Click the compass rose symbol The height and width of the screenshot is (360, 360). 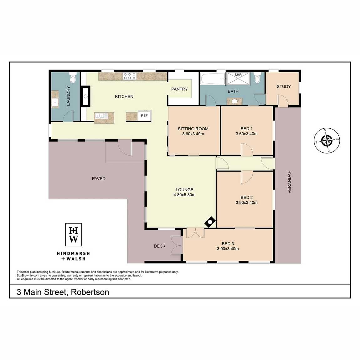(x=327, y=141)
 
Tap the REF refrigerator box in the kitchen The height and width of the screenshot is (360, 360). (x=144, y=116)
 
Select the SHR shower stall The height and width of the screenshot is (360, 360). (x=238, y=79)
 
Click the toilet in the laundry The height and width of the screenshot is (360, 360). (x=73, y=78)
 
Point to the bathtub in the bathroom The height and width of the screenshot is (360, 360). (x=213, y=79)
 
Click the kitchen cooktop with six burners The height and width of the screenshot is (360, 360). (x=130, y=76)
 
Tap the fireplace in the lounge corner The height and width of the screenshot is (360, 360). (x=210, y=222)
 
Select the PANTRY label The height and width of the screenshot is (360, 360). (x=180, y=89)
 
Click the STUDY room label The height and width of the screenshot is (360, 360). (x=284, y=86)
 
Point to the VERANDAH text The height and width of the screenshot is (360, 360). (x=289, y=182)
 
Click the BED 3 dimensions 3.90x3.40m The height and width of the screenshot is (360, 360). (x=228, y=249)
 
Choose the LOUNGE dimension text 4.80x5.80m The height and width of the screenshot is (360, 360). (x=185, y=195)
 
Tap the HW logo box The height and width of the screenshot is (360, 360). (x=74, y=235)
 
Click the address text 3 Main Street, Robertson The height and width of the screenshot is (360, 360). (x=63, y=292)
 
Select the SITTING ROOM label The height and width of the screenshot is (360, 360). (x=193, y=129)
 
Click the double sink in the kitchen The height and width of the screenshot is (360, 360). (x=101, y=116)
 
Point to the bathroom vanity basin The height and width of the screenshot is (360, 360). (x=235, y=101)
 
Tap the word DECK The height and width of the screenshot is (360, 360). (x=160, y=246)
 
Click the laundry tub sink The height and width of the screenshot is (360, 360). (x=55, y=103)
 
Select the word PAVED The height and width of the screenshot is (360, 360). (x=99, y=179)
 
